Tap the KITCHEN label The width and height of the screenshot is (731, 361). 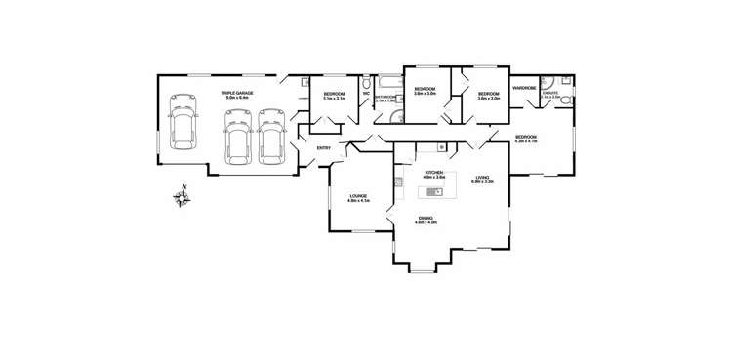pos(433,173)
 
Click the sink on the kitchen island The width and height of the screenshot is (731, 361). pos(438,191)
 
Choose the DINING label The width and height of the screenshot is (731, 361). pos(426,220)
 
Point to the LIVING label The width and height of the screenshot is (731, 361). pos(481,178)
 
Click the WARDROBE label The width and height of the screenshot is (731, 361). pos(524,88)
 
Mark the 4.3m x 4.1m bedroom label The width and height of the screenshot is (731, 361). pos(527,139)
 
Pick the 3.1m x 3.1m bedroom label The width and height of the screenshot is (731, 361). pos(337,96)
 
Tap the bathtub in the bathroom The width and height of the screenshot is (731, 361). pos(387,80)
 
